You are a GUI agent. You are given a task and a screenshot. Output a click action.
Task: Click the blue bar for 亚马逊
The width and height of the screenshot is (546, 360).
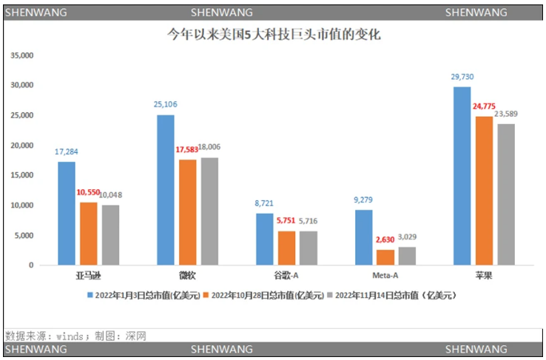67,213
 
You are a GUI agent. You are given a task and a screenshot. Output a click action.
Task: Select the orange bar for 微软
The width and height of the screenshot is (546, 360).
187,211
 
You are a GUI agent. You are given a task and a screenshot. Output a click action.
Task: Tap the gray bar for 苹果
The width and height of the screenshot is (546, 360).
506,194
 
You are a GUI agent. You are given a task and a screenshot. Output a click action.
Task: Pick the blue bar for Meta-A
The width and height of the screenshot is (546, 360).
363,237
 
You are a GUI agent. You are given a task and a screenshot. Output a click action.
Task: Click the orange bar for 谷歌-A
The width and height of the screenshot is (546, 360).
286,247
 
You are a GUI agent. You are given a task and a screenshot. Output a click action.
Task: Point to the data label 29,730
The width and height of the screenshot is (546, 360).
462,77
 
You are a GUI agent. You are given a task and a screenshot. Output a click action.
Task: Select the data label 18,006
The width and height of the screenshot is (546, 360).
209,147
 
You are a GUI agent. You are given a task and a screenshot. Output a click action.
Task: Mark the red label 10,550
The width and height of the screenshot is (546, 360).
89,192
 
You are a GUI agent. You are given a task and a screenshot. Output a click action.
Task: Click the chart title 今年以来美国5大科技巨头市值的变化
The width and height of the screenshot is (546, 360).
273,34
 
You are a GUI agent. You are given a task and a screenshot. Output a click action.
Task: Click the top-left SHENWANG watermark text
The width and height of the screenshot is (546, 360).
36,12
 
